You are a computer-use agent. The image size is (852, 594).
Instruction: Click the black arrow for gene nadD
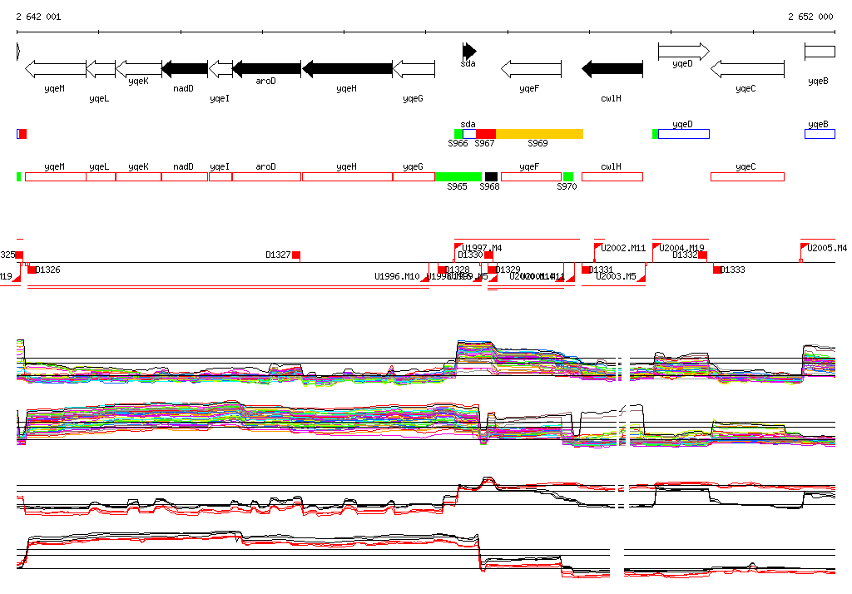coord(185,68)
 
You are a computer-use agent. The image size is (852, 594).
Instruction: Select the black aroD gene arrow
coord(267,68)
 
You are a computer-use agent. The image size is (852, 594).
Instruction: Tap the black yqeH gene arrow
coord(348,68)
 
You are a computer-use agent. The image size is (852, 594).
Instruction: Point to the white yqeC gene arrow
coord(747,68)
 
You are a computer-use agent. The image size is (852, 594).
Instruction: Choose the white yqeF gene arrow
coord(531,68)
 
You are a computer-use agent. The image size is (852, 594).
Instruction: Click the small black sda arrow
coord(470,50)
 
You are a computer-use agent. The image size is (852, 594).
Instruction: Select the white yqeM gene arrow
coord(56,68)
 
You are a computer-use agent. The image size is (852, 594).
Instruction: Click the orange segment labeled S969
coord(539,134)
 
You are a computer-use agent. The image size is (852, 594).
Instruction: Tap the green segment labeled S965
coord(458,176)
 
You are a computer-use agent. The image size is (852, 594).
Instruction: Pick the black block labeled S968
coord(491,176)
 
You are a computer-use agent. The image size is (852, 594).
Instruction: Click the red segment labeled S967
coord(485,134)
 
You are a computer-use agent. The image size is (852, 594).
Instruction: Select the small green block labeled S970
coord(568,176)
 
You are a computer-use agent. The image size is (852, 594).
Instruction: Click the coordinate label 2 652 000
coord(810,17)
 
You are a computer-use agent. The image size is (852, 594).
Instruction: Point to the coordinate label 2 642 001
coord(38,17)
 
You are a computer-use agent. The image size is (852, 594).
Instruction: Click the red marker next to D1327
coord(296,255)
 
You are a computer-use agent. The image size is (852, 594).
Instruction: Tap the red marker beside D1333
coord(717,270)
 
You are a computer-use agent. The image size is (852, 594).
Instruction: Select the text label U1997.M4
coord(482,248)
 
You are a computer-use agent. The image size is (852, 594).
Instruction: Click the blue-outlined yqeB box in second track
coord(819,134)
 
